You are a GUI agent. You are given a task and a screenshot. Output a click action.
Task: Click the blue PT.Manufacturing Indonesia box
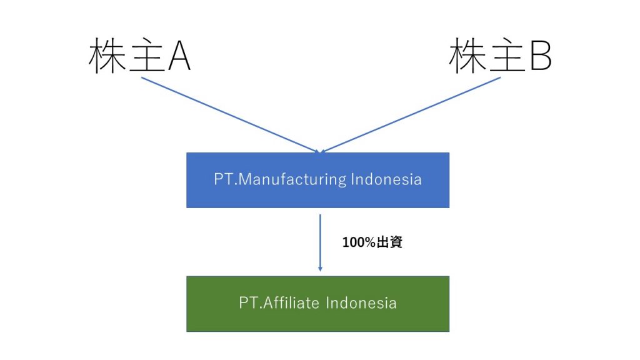[x=317, y=180]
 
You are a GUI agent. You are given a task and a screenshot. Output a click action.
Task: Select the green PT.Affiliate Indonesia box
[x=317, y=304]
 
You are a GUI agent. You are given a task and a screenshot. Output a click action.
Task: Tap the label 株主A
[x=139, y=56]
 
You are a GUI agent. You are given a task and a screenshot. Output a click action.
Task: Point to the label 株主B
[x=500, y=56]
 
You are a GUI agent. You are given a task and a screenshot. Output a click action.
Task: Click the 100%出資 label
[x=372, y=242]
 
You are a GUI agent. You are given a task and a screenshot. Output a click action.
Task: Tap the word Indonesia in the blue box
[x=386, y=180]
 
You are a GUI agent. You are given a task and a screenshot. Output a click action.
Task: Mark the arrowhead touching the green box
[x=320, y=269]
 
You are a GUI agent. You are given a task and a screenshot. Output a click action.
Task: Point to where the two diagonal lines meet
[x=320, y=151]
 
